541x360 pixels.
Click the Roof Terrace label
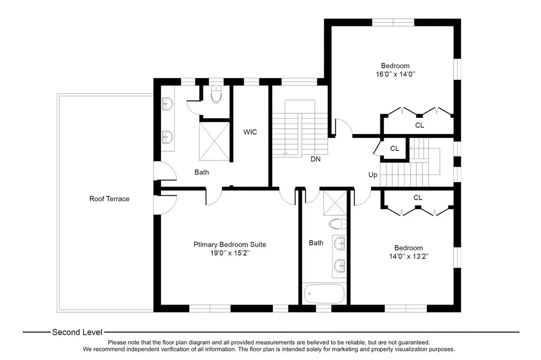(x=109, y=199)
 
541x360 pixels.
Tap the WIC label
(x=250, y=132)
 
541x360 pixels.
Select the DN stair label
(x=315, y=159)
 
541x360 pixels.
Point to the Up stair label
(x=372, y=175)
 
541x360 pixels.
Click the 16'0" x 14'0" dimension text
(x=395, y=74)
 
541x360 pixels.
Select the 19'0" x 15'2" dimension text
(x=230, y=253)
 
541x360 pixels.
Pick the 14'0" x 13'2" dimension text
(x=409, y=257)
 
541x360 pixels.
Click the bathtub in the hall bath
(x=324, y=294)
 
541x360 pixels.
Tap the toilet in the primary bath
(x=216, y=94)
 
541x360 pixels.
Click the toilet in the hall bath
(x=338, y=224)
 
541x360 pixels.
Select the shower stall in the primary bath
(x=214, y=141)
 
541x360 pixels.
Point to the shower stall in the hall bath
(x=334, y=203)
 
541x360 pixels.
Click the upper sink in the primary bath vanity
(x=167, y=103)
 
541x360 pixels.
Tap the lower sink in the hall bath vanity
(x=340, y=266)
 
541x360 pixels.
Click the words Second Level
(x=77, y=333)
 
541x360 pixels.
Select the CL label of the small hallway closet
(x=395, y=149)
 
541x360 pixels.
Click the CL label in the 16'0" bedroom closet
(x=419, y=126)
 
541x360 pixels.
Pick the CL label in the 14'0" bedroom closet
(x=418, y=198)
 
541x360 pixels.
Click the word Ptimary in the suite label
(x=206, y=245)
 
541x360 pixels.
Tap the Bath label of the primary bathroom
(x=201, y=173)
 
